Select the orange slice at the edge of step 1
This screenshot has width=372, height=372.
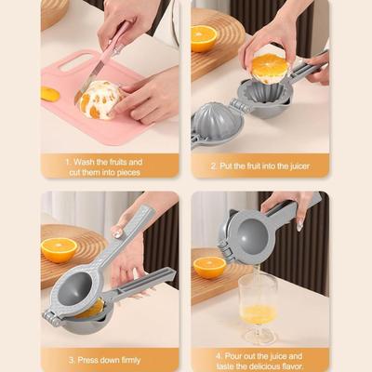(49, 94)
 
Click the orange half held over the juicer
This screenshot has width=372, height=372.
(271, 68)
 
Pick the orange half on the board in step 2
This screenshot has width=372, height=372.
(205, 38)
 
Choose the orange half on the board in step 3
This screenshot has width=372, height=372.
(60, 250)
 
